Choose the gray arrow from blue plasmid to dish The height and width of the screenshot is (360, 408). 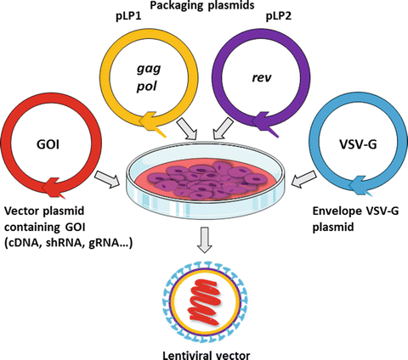[x=300, y=179]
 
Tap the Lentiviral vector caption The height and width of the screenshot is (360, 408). [x=205, y=350]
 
